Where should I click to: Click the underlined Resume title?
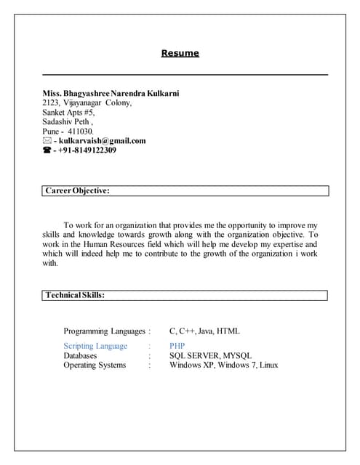[x=180, y=53]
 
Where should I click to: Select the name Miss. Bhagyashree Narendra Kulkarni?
[x=111, y=94]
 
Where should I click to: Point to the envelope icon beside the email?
[x=47, y=141]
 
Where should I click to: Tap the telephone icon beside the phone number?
[x=47, y=150]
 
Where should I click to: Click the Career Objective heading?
[x=77, y=190]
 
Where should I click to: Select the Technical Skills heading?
[x=75, y=296]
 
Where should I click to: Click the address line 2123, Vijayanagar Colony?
[x=87, y=103]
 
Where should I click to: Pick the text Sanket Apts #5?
[x=68, y=113]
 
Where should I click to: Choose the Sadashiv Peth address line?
[x=68, y=122]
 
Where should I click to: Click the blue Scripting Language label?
[x=95, y=346]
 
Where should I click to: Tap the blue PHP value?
[x=177, y=346]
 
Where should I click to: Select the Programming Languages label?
[x=105, y=331]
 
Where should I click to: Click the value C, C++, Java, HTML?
[x=204, y=331]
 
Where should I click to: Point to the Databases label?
[x=80, y=355]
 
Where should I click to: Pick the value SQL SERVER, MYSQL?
[x=210, y=355]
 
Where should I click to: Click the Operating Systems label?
[x=95, y=365]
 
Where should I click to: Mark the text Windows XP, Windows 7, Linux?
[x=223, y=365]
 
